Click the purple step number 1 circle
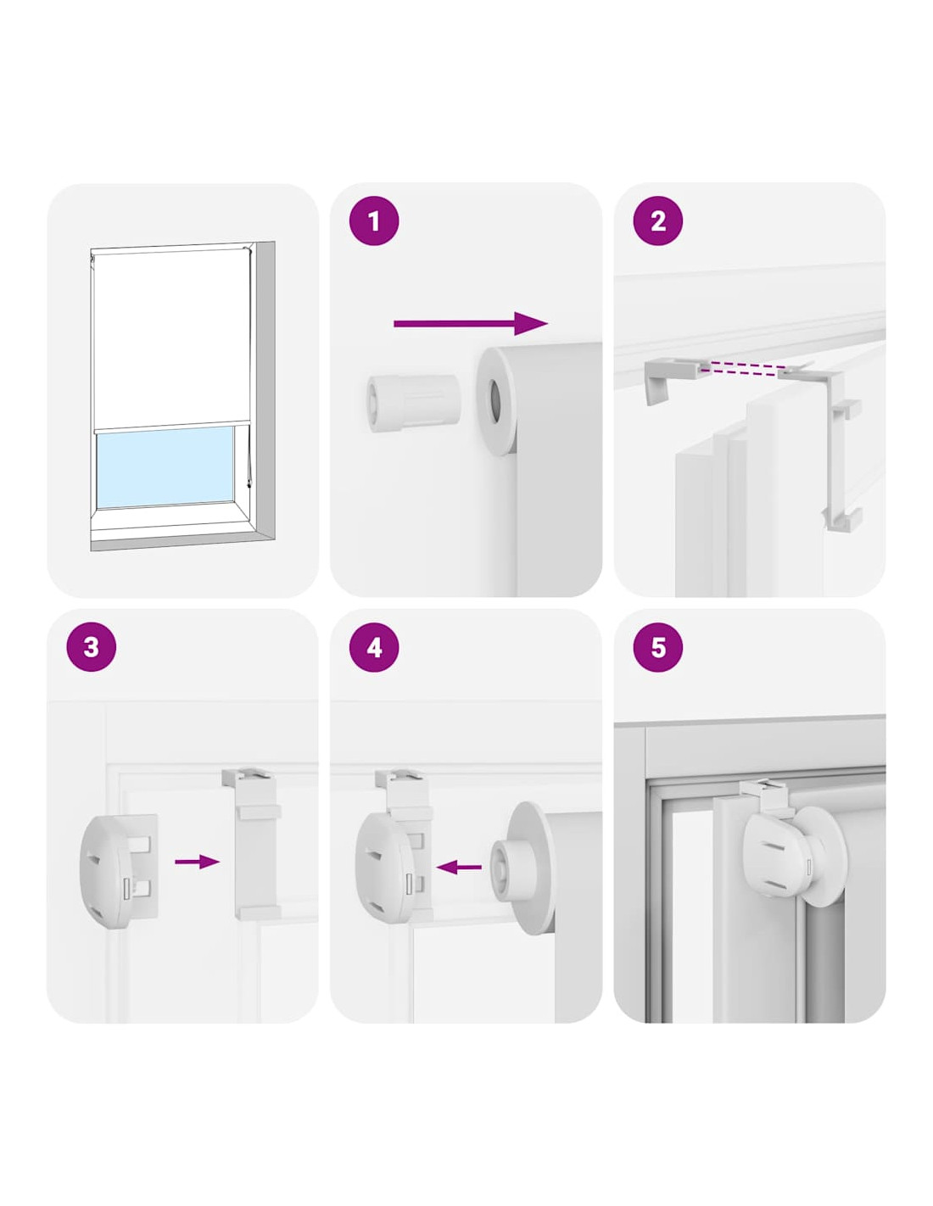pyautogui.click(x=373, y=221)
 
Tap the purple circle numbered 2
pyautogui.click(x=657, y=221)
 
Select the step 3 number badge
pyautogui.click(x=91, y=648)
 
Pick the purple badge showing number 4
pyautogui.click(x=375, y=648)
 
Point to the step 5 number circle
pyautogui.click(x=657, y=648)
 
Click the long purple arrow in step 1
pyautogui.click(x=471, y=323)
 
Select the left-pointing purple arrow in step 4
pyautogui.click(x=459, y=867)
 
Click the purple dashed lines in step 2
pyautogui.click(x=740, y=370)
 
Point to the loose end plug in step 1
pyautogui.click(x=412, y=402)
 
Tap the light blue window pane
pyautogui.click(x=165, y=468)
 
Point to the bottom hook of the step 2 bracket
pyautogui.click(x=842, y=517)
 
